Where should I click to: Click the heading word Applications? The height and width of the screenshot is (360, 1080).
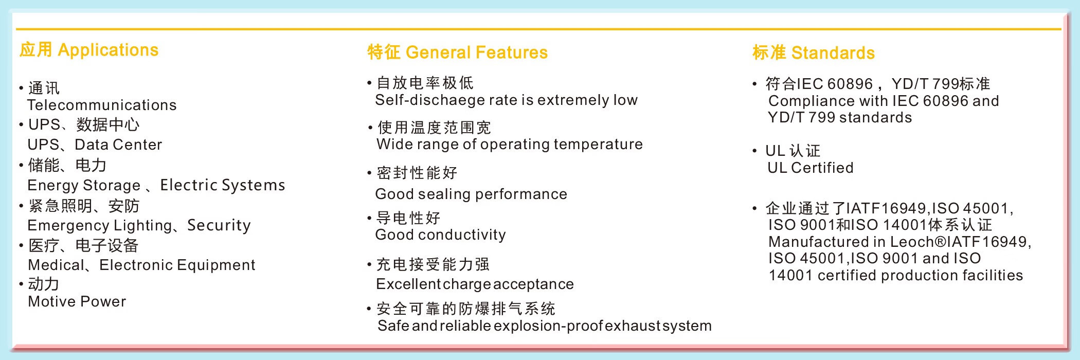click(x=108, y=50)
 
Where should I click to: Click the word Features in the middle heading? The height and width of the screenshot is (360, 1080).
click(x=512, y=52)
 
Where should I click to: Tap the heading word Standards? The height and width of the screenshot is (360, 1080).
click(x=833, y=53)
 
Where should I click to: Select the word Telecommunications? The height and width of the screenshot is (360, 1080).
click(x=102, y=105)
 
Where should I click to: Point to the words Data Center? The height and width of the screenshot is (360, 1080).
click(x=118, y=145)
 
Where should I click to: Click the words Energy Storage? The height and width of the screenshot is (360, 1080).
click(x=84, y=185)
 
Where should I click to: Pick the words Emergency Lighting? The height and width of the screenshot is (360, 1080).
click(x=100, y=225)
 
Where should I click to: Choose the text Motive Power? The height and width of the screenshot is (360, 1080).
click(x=77, y=301)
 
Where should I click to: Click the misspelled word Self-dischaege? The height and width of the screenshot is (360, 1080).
click(x=430, y=100)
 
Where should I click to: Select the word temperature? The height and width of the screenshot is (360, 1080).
click(x=598, y=145)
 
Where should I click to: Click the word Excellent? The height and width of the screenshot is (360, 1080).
click(x=408, y=284)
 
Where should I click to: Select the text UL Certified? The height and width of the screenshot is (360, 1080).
click(x=811, y=168)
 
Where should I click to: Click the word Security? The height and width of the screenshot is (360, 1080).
click(x=219, y=225)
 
